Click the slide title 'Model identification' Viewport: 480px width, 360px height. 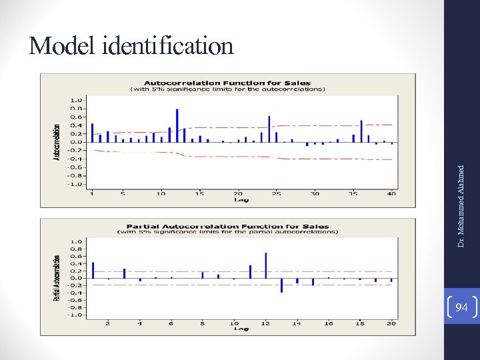pyautogui.click(x=131, y=46)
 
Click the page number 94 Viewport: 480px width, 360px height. pyautogui.click(x=461, y=307)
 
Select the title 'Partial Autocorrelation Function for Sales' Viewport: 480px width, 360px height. pyautogui.click(x=228, y=227)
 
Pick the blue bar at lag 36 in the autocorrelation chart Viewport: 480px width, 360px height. pyautogui.click(x=361, y=131)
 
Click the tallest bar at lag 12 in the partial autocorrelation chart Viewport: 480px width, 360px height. pyautogui.click(x=265, y=265)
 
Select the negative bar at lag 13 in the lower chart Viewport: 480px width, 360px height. pyautogui.click(x=281, y=285)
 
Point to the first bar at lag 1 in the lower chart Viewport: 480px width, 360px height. pyautogui.click(x=93, y=270)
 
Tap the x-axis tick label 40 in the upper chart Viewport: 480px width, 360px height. pyautogui.click(x=391, y=194)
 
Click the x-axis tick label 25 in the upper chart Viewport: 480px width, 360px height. pyautogui.click(x=276, y=194)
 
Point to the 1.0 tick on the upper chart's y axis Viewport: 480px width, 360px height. pyautogui.click(x=77, y=100)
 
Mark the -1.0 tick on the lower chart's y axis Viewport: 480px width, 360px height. pyautogui.click(x=76, y=315)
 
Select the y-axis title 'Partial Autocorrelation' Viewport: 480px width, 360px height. pyautogui.click(x=57, y=278)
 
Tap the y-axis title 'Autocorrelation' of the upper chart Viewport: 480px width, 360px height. pyautogui.click(x=57, y=141)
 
